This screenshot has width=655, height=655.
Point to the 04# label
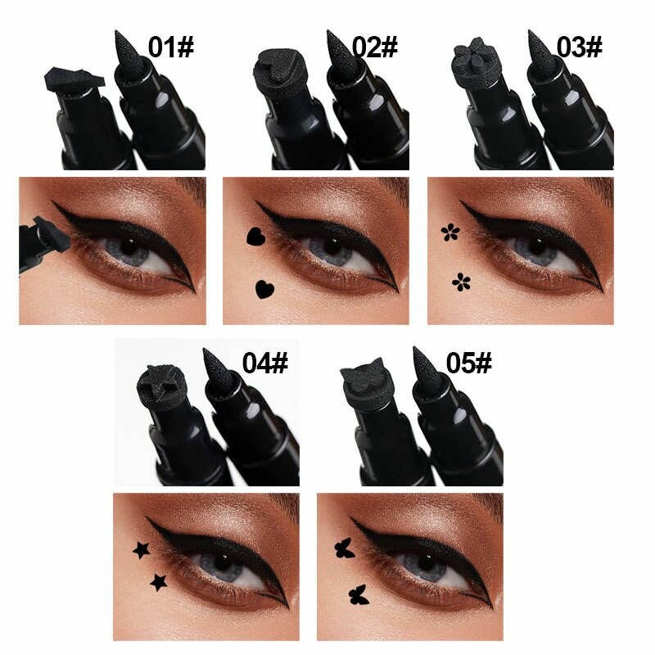point(266,363)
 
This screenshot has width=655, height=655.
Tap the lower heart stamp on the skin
point(264,288)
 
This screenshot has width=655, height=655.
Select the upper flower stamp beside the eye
point(449,233)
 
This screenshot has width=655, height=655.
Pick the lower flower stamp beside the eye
point(462,283)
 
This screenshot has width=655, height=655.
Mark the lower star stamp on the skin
point(157,582)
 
